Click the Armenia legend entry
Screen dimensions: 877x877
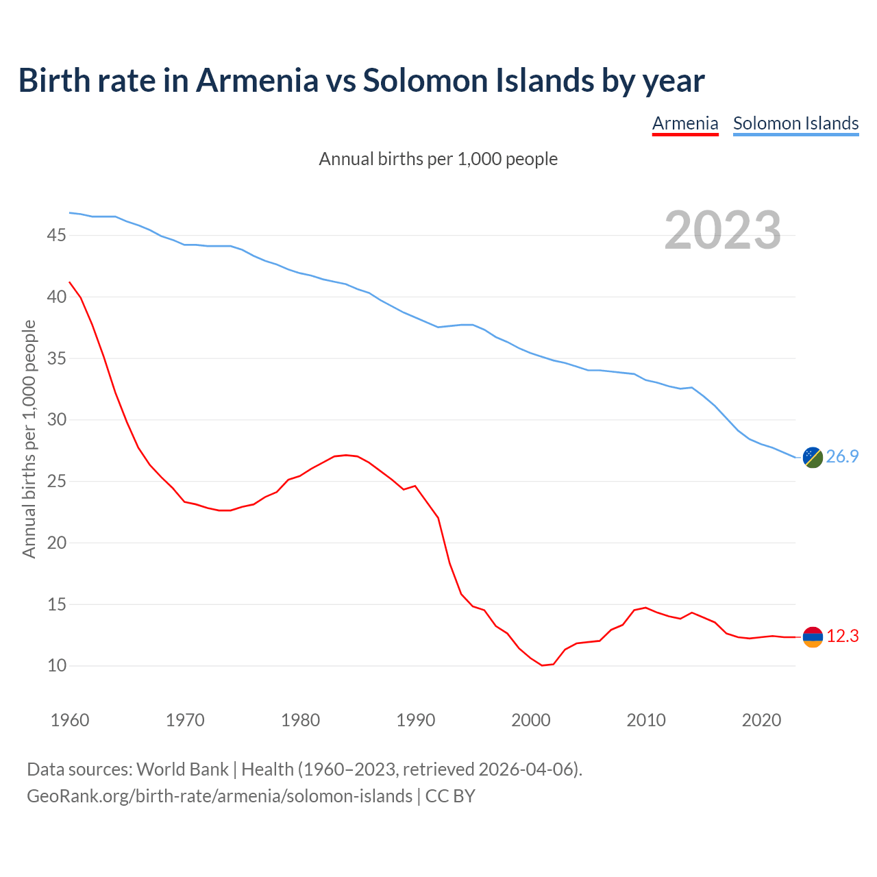pos(685,123)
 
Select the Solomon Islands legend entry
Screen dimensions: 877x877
pos(795,123)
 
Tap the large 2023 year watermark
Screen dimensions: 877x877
pos(723,230)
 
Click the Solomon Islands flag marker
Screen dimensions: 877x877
pos(813,457)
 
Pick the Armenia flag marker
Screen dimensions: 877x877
pos(813,637)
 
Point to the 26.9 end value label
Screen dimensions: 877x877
pos(842,457)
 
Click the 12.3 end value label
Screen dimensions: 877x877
pos(842,637)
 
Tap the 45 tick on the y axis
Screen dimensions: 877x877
pos(56,236)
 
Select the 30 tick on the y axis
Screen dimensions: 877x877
pos(56,420)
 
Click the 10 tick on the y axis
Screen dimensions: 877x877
pos(56,666)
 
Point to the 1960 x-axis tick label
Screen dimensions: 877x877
pos(70,720)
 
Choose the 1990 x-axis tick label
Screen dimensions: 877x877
pos(416,720)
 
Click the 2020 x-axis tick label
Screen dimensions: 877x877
pos(762,720)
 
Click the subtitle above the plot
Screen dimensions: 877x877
pos(438,159)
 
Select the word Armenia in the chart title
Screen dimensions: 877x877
pos(258,80)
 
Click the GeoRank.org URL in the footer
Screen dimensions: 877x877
pos(219,796)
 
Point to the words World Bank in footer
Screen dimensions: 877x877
pos(182,769)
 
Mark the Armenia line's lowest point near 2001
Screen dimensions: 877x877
pos(542,665)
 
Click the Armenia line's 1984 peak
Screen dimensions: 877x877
pos(346,455)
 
